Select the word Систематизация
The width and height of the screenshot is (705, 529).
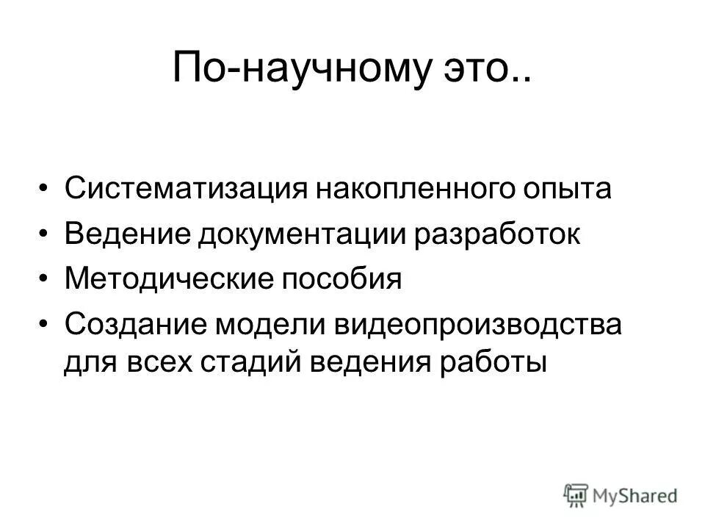click(x=179, y=190)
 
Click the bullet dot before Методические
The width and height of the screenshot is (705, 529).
click(x=46, y=280)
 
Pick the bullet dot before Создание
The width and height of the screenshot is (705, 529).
click(x=46, y=325)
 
